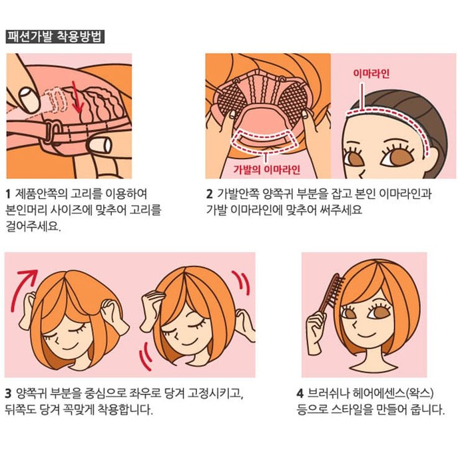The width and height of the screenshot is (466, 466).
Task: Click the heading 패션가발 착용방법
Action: [55, 37]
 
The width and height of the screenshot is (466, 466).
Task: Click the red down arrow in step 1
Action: [77, 97]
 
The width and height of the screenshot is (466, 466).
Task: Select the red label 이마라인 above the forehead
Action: [371, 73]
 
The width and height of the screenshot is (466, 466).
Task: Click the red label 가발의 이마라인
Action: [266, 169]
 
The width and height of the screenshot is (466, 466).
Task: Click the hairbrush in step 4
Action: [331, 294]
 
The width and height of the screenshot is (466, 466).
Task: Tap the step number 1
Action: [8, 194]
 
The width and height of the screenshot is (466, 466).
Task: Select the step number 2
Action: [210, 194]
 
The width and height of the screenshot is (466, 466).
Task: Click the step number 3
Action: [8, 393]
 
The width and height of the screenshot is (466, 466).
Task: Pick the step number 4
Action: [300, 393]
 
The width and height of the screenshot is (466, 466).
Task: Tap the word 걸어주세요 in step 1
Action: [33, 226]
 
